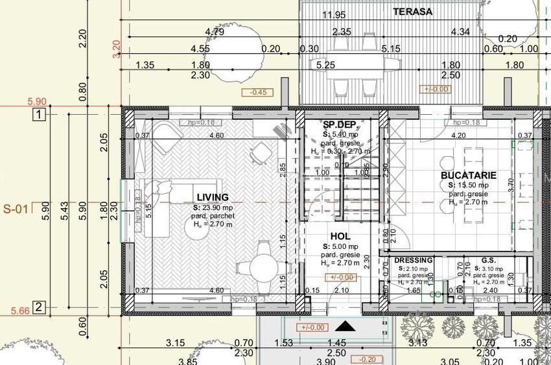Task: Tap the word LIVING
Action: point(213,197)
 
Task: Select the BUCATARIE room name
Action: point(469,176)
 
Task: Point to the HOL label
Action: point(340,237)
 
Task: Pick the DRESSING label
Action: point(413,261)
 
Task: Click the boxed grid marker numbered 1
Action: point(39,116)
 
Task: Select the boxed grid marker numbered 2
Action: point(39,307)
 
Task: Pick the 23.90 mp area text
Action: point(213,207)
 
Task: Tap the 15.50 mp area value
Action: point(469,185)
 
